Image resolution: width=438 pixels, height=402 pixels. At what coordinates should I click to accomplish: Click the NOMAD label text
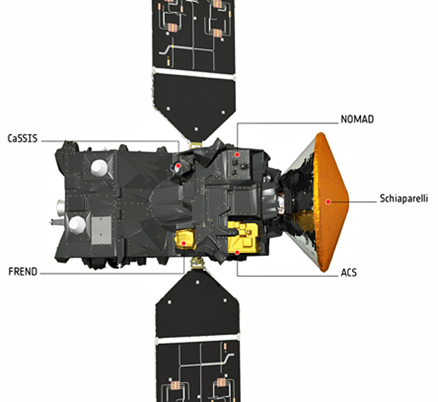click(x=357, y=120)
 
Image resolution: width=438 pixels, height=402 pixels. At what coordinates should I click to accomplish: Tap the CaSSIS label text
click(x=22, y=139)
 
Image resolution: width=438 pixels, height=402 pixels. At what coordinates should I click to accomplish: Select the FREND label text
click(x=23, y=272)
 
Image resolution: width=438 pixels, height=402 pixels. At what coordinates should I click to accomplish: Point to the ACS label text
click(x=349, y=273)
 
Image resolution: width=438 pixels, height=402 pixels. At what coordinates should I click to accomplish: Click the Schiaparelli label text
click(x=404, y=199)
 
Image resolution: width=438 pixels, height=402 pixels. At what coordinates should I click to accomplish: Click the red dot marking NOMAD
click(x=237, y=155)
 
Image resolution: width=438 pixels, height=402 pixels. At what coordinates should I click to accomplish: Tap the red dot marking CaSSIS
click(x=178, y=166)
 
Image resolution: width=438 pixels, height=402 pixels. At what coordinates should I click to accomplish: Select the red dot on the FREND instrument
click(x=184, y=244)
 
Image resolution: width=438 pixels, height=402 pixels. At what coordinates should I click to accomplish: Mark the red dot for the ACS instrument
click(x=237, y=253)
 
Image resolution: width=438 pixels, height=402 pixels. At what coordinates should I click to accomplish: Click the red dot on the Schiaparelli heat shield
click(x=328, y=202)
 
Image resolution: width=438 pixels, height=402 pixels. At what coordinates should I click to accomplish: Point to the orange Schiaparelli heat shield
click(x=331, y=202)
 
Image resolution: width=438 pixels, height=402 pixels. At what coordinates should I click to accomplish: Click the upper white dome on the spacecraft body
click(x=99, y=167)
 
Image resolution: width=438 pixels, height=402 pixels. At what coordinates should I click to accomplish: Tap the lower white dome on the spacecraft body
click(x=77, y=225)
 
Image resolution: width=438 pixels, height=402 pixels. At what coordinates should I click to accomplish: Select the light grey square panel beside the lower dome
click(x=102, y=230)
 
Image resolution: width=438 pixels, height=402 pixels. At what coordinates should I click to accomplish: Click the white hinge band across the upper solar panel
click(x=193, y=73)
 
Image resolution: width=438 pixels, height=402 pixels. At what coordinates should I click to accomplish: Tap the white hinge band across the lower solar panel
click(x=198, y=340)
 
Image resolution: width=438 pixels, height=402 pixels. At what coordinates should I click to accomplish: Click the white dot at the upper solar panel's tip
click(x=196, y=129)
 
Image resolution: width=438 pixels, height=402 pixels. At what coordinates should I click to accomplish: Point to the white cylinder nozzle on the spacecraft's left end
click(x=61, y=207)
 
